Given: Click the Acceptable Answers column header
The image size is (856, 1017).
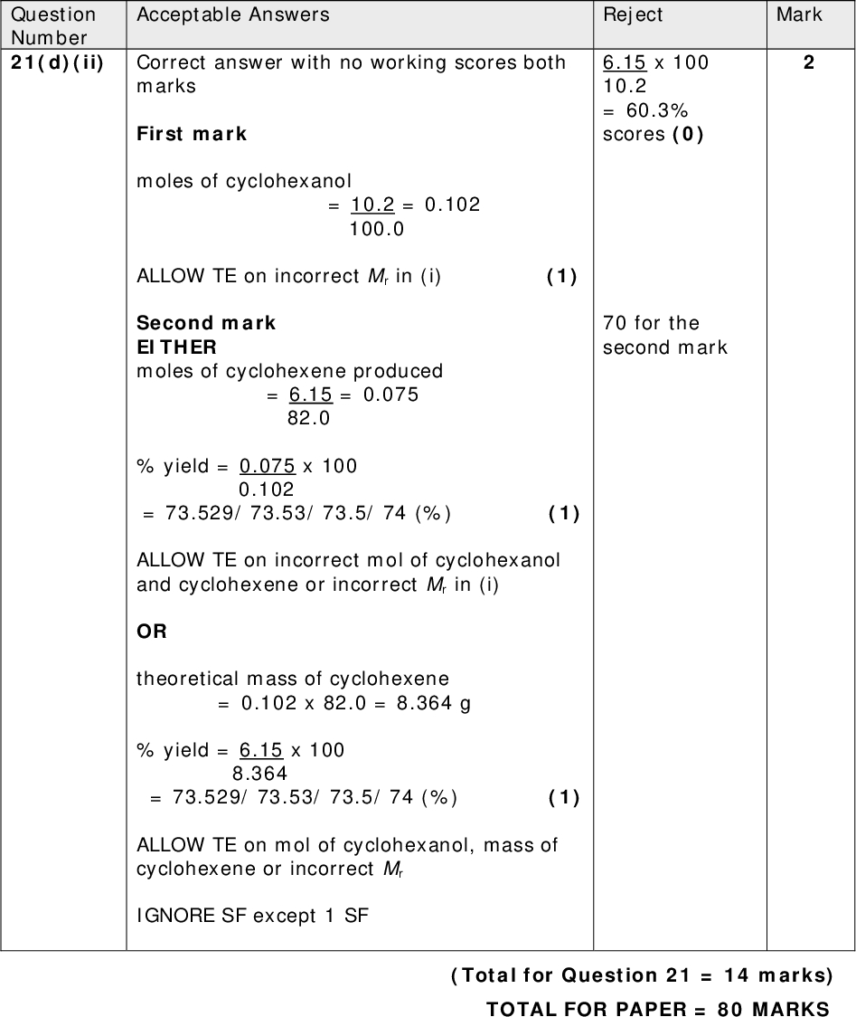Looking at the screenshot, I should click(232, 14).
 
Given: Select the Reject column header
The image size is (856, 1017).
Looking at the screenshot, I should click(633, 14).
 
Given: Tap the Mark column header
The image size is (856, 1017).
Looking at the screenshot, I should click(799, 14).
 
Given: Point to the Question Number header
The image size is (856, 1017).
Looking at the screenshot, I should click(53, 25).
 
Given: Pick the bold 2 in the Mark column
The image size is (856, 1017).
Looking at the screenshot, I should click(808, 62).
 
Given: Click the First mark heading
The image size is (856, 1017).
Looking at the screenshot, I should click(192, 134).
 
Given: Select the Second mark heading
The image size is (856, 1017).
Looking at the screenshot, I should click(206, 323).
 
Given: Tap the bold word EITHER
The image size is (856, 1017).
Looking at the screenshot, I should click(176, 347).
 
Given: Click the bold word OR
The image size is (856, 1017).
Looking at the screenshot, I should click(152, 632).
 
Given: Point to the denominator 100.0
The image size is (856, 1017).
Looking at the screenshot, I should click(376, 229).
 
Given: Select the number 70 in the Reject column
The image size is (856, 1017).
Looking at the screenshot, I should click(616, 323).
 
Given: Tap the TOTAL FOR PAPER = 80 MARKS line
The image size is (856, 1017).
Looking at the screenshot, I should click(657, 1008).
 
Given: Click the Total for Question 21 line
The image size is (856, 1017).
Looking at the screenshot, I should click(641, 975).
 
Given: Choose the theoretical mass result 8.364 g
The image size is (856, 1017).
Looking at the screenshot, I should click(434, 703).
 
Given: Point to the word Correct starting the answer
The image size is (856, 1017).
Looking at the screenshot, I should click(169, 62).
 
